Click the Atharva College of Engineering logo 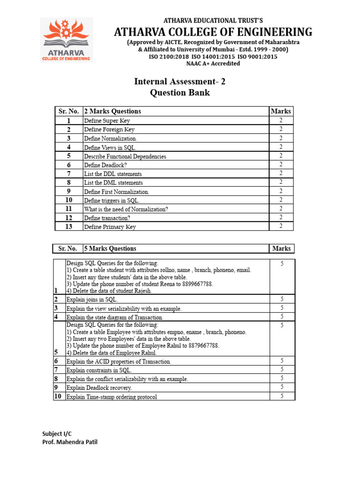(66, 40)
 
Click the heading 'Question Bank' (180, 93)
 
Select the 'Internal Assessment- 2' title (180, 82)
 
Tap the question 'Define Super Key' (107, 121)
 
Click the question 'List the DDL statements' (112, 174)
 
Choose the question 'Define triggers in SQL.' (112, 201)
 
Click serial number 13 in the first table (68, 227)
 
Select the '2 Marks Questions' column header (112, 112)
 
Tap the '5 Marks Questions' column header (110, 249)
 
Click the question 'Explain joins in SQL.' (92, 300)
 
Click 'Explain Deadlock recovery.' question (99, 388)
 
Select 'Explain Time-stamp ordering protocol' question (112, 397)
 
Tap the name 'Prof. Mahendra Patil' (70, 442)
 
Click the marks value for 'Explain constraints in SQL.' (282, 369)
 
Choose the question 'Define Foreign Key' (109, 129)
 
